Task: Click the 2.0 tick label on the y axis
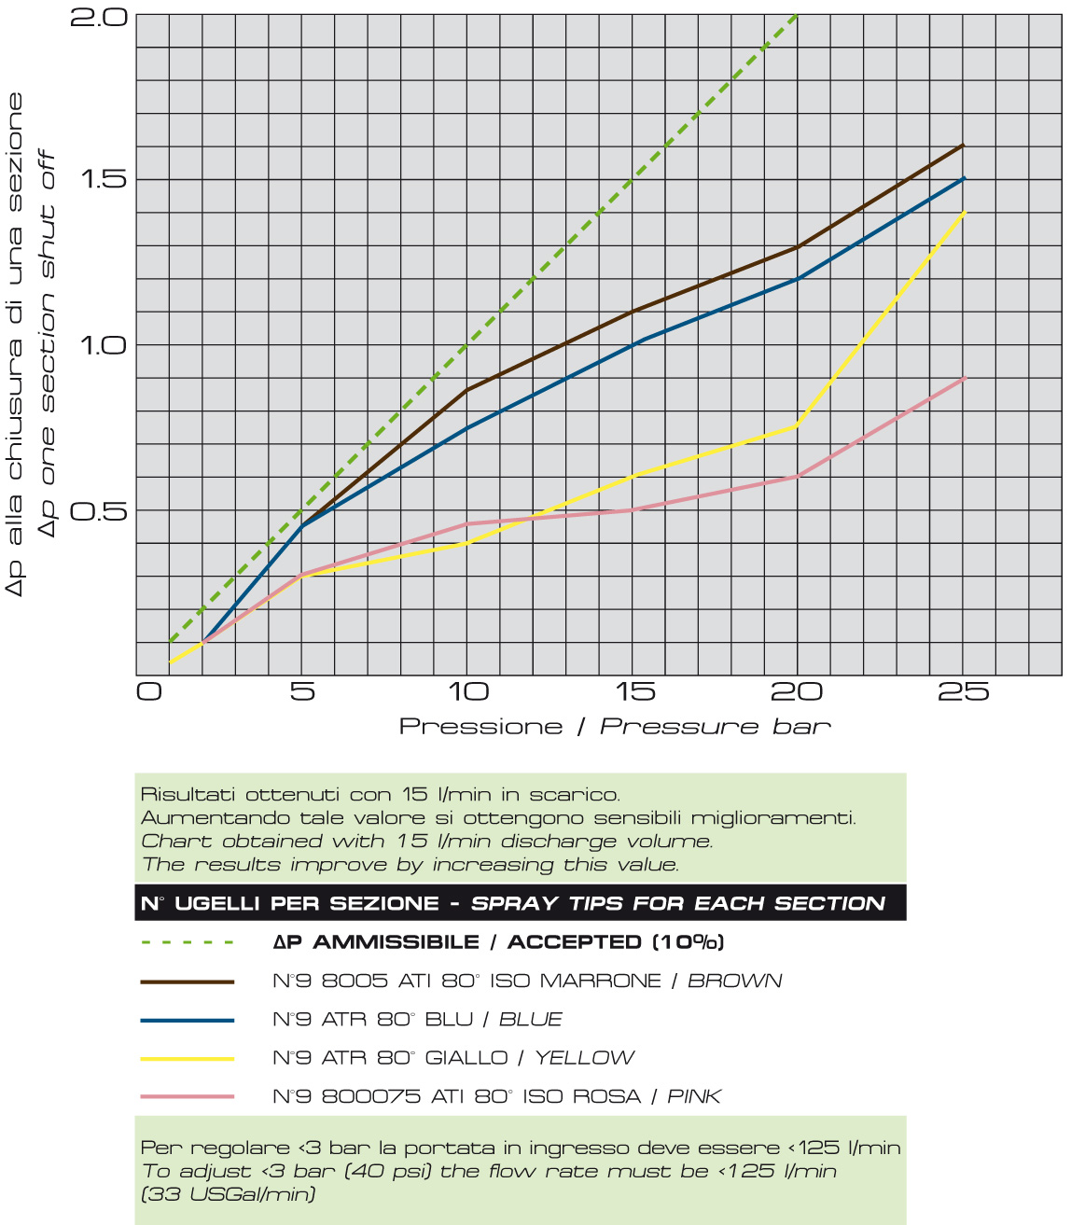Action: pyautogui.click(x=98, y=17)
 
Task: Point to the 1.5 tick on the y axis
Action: pyautogui.click(x=103, y=179)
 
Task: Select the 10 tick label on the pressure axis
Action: pyautogui.click(x=468, y=692)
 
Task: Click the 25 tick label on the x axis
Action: pyautogui.click(x=963, y=692)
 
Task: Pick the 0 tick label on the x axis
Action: pyautogui.click(x=149, y=692)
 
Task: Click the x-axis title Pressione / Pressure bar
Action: pyautogui.click(x=615, y=727)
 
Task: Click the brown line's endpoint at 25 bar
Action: pyautogui.click(x=963, y=146)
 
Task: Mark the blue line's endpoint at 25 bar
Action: pyautogui.click(x=963, y=178)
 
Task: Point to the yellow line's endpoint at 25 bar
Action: pyautogui.click(x=963, y=213)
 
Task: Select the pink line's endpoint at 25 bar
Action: pyautogui.click(x=963, y=378)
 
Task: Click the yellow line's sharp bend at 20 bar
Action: pyautogui.click(x=798, y=425)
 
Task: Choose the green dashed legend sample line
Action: pyautogui.click(x=187, y=942)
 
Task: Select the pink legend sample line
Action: pyautogui.click(x=187, y=1097)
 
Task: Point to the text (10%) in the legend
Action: pyautogui.click(x=688, y=942)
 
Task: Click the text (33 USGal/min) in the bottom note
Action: pyautogui.click(x=229, y=1194)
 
